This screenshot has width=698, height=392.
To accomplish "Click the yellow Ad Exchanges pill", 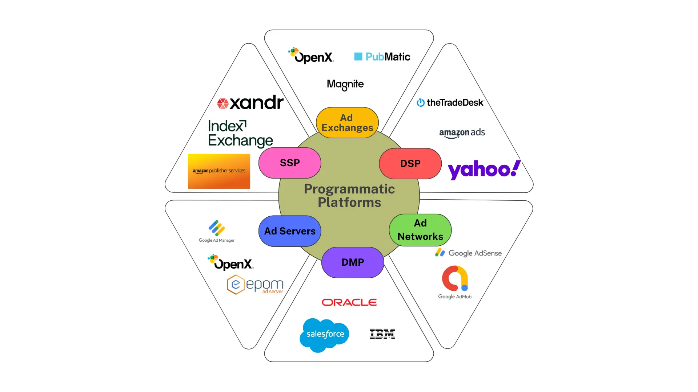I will [x=347, y=123].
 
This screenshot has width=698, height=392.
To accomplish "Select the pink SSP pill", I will [x=290, y=163].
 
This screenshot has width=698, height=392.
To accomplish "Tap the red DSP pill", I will [x=410, y=164].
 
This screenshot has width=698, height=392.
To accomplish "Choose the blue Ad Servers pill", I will [x=290, y=231].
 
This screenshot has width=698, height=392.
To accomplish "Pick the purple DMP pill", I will [x=353, y=262].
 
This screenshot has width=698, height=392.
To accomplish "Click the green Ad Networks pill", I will [x=420, y=230].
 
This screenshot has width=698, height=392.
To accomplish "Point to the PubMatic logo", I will [x=382, y=57].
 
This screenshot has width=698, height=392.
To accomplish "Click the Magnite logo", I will [x=345, y=85].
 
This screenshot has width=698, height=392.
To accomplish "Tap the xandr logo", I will [x=250, y=103].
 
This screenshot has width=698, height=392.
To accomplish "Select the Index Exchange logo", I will [x=240, y=134].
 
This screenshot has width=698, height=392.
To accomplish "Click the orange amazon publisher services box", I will [x=219, y=171].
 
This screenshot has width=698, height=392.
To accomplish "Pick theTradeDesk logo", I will [x=450, y=103].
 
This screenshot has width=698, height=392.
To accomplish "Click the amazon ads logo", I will [x=462, y=133].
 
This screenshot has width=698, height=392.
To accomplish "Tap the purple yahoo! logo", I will [x=484, y=170].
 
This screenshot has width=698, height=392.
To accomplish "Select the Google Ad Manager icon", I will [x=217, y=228].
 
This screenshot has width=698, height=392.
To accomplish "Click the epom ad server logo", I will [x=255, y=285].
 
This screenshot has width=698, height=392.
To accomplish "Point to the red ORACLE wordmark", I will [x=349, y=302].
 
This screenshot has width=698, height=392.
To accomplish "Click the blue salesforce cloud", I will [x=324, y=334].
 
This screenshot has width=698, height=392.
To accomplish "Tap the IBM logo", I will [x=382, y=334].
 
